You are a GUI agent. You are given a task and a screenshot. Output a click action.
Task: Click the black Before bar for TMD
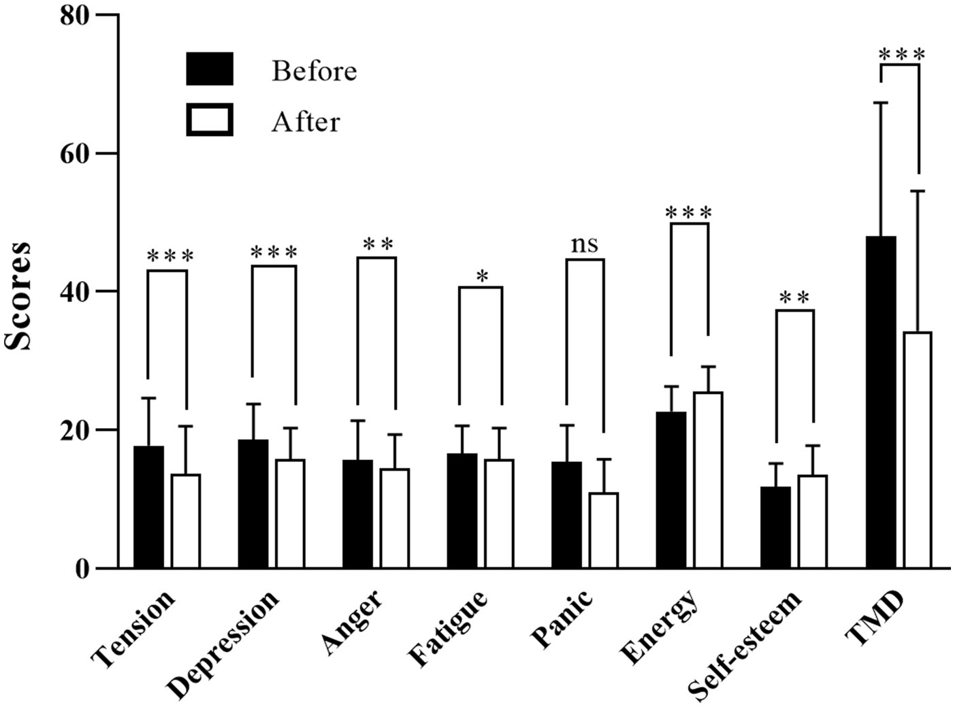click(881, 402)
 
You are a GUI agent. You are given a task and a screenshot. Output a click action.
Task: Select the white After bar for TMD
click(918, 450)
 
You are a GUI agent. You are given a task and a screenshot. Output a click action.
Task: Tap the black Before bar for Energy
click(671, 489)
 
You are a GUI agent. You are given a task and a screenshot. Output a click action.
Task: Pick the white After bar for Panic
click(603, 530)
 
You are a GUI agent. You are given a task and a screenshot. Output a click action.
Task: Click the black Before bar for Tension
click(148, 507)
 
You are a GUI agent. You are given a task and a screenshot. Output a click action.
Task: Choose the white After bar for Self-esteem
click(812, 521)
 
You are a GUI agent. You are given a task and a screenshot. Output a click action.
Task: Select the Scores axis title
click(18, 295)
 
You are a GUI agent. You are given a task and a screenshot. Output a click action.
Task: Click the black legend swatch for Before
click(210, 69)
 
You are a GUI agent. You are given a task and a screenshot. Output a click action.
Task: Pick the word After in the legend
click(306, 122)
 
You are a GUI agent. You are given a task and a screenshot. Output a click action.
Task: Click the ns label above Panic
click(584, 244)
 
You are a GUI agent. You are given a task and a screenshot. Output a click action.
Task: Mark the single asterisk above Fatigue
click(482, 276)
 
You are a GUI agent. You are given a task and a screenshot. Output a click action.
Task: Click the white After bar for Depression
click(290, 514)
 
